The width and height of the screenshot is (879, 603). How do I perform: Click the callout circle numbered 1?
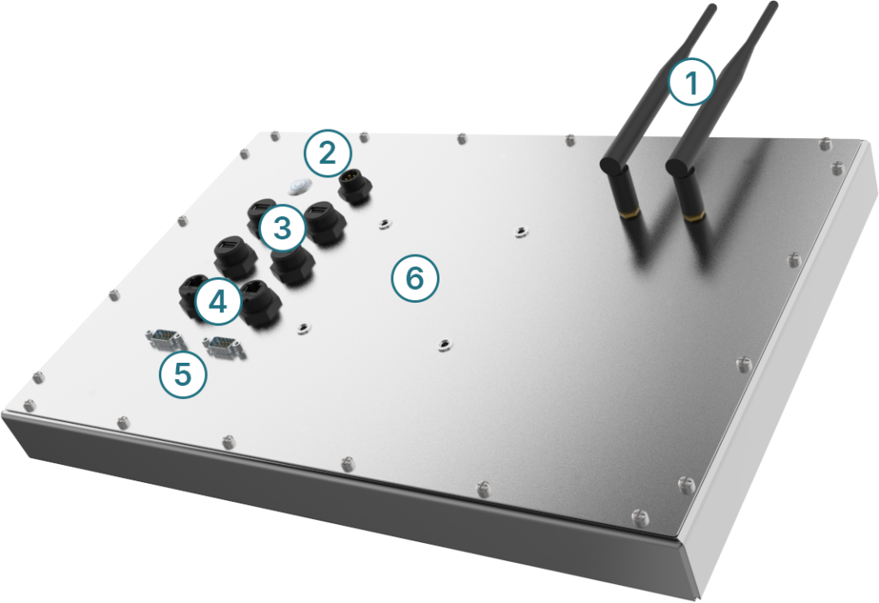pos(692,81)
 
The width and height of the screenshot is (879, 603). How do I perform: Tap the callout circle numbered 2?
pos(328,153)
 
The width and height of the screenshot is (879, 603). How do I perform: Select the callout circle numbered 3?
pos(282,228)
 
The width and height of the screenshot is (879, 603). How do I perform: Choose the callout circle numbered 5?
pos(183,374)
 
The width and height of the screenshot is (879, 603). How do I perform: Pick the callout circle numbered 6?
pos(415,279)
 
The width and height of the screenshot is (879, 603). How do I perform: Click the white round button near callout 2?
pos(300,186)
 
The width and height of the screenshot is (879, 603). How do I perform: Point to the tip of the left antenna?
pos(712,7)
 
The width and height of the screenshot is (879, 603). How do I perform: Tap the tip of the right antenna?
pos(773,5)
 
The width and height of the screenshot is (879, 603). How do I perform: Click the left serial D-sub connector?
pos(165,339)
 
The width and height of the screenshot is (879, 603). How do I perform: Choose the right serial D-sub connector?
pos(224,347)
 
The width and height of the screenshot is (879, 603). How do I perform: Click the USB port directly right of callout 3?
pos(324,222)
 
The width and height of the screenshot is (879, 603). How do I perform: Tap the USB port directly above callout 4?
pos(235,256)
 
